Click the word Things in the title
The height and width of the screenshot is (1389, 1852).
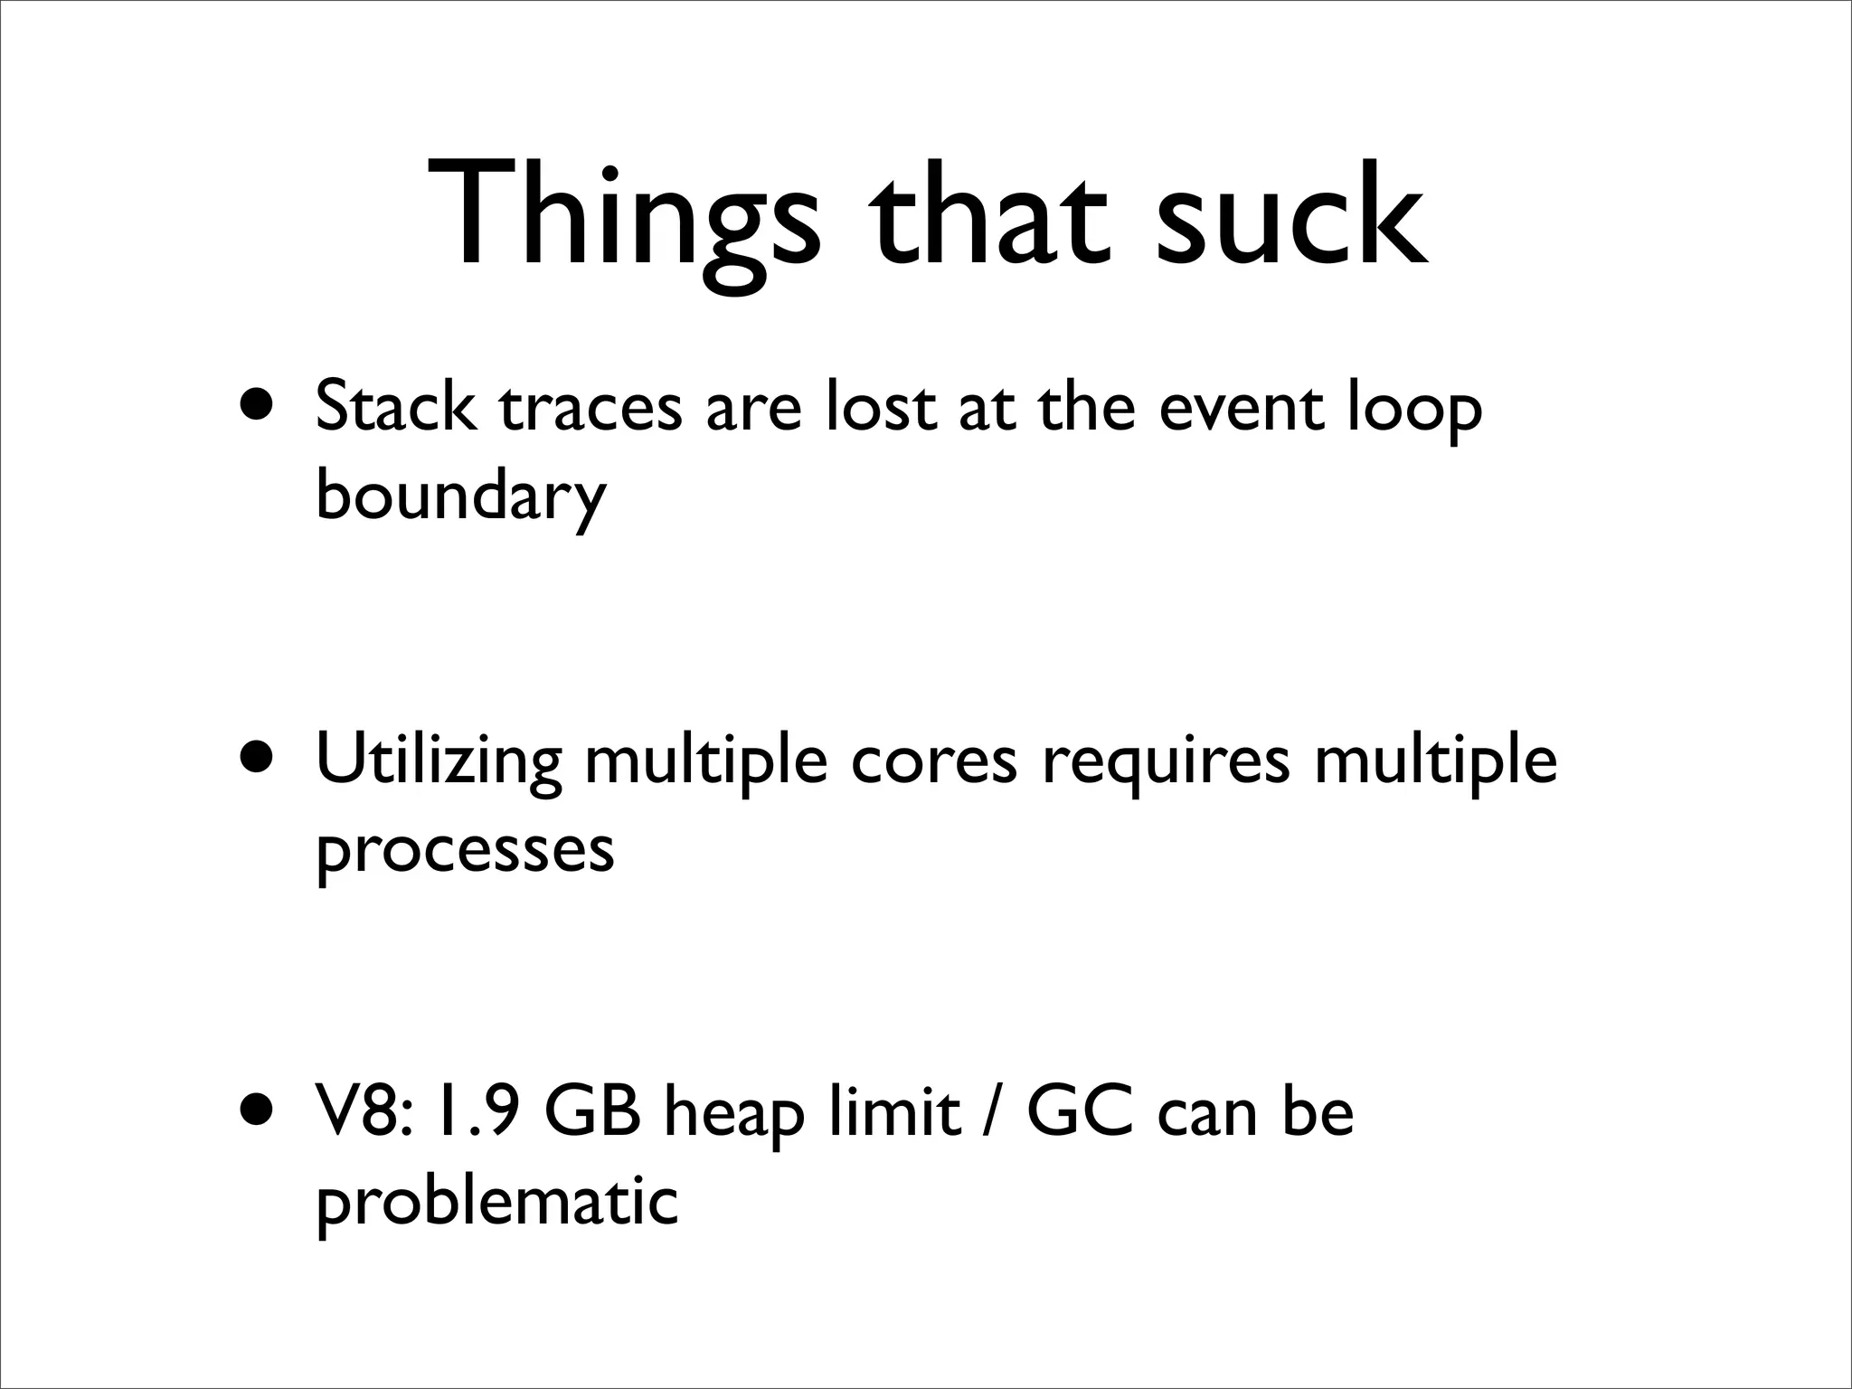pyautogui.click(x=624, y=217)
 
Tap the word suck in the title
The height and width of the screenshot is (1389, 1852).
pyautogui.click(x=1291, y=217)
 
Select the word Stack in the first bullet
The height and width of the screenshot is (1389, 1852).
pyautogui.click(x=396, y=407)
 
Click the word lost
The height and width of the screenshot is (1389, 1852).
pyautogui.click(x=881, y=407)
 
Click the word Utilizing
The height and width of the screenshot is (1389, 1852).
pyautogui.click(x=439, y=761)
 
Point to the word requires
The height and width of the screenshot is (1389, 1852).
pyautogui.click(x=1167, y=764)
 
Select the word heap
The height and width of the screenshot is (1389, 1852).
pyautogui.click(x=733, y=1117)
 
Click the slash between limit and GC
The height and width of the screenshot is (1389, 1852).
pyautogui.click(x=993, y=1114)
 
